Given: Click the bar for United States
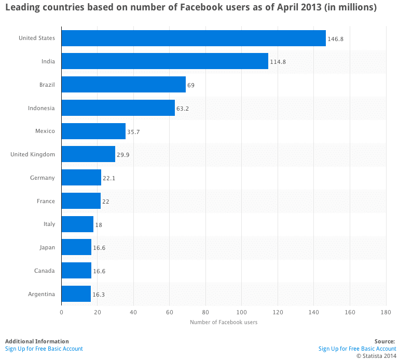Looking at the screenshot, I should pyautogui.click(x=194, y=38).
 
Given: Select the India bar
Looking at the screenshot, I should pyautogui.click(x=165, y=61).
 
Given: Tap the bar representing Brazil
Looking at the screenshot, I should pyautogui.click(x=123, y=85).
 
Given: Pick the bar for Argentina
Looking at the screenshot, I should pyautogui.click(x=76, y=294).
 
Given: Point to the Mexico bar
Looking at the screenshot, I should pyautogui.click(x=93, y=131).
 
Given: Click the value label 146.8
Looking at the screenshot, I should pyautogui.click(x=335, y=38).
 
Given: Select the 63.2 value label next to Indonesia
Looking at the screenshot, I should pyautogui.click(x=184, y=109).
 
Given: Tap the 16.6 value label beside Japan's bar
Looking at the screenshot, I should pyautogui.click(x=100, y=248).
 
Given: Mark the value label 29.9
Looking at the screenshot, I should pyautogui.click(x=123, y=155).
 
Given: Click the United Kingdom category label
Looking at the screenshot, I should pyautogui.click(x=32, y=154).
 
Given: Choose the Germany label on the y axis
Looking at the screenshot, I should pyautogui.click(x=42, y=178).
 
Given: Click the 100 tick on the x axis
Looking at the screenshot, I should pyautogui.click(x=241, y=312).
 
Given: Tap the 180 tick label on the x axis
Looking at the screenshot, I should pyautogui.click(x=385, y=312).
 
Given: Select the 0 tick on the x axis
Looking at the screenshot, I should pyautogui.click(x=62, y=312).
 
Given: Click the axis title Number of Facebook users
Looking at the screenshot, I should pyautogui.click(x=224, y=323).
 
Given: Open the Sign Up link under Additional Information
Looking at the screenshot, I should pyautogui.click(x=44, y=349).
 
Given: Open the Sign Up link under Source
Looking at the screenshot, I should pyautogui.click(x=357, y=349).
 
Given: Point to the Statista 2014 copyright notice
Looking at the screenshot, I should pyautogui.click(x=376, y=356).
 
